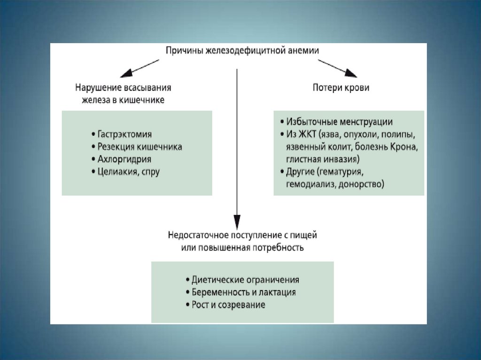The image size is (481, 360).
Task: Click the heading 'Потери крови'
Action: (x=341, y=88)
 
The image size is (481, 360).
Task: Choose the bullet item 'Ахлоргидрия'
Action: (x=122, y=159)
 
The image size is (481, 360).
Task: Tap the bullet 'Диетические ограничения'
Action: (x=242, y=280)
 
